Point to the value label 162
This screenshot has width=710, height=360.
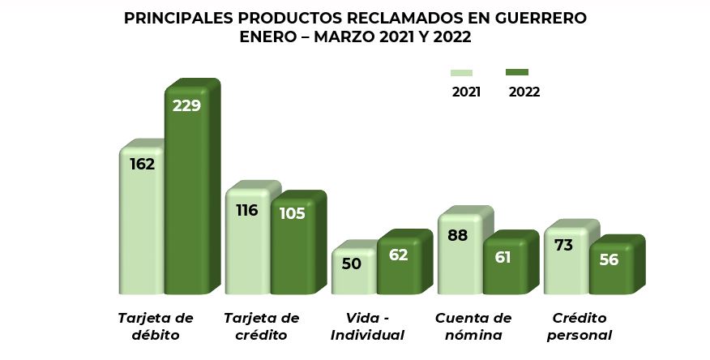click(142, 165)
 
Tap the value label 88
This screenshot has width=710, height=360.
click(458, 235)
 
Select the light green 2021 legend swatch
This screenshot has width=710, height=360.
click(461, 73)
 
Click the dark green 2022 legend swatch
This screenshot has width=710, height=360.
click(517, 73)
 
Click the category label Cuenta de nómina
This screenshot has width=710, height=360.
click(473, 326)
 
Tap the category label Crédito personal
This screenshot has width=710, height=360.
click(579, 326)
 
